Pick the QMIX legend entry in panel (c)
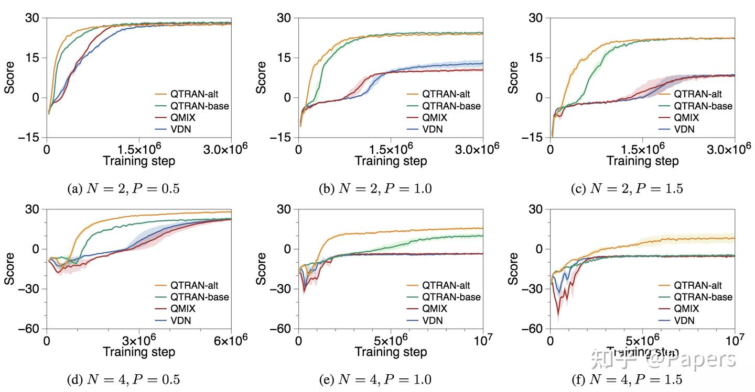pyautogui.click(x=687, y=118)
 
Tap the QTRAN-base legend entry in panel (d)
pyautogui.click(x=200, y=297)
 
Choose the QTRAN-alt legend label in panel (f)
pyautogui.click(x=697, y=285)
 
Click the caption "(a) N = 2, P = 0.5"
pyautogui.click(x=123, y=189)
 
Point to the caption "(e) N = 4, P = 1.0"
pyautogui.click(x=375, y=379)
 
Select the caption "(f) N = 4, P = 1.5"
pyautogui.click(x=627, y=379)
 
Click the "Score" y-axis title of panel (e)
pyautogui.click(x=262, y=269)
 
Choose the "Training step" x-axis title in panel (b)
pyautogui.click(x=391, y=160)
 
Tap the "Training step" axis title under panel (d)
pyautogui.click(x=139, y=352)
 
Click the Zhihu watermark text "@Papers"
pyautogui.click(x=691, y=360)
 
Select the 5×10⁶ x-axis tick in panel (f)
pyautogui.click(x=642, y=341)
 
